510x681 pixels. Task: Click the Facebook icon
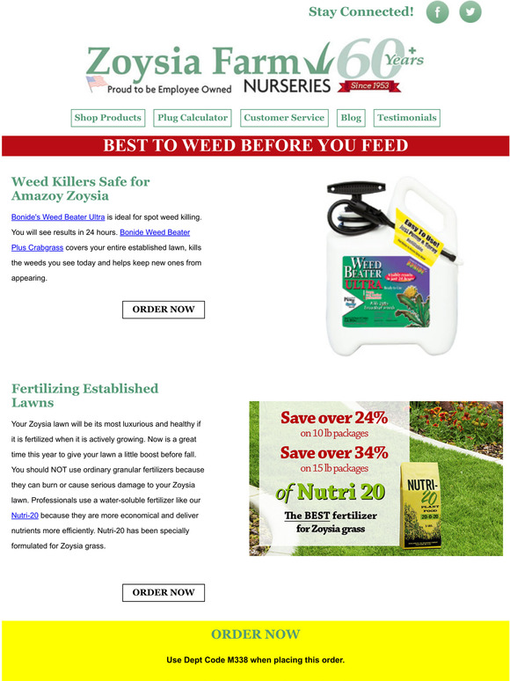click(437, 12)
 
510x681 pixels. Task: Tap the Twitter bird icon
click(470, 12)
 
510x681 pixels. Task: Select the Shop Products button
click(107, 118)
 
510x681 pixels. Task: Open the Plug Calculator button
click(193, 118)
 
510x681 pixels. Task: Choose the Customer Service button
click(284, 118)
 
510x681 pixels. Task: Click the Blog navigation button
click(351, 118)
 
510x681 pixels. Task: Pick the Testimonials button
click(406, 118)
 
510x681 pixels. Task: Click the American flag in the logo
click(95, 84)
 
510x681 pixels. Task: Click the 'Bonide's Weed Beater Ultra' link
click(57, 216)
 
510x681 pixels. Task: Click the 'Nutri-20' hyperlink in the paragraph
click(25, 516)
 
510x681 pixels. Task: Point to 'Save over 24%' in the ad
click(333, 418)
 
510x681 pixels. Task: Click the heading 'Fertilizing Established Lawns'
click(84, 395)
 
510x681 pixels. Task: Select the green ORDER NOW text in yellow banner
click(255, 634)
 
